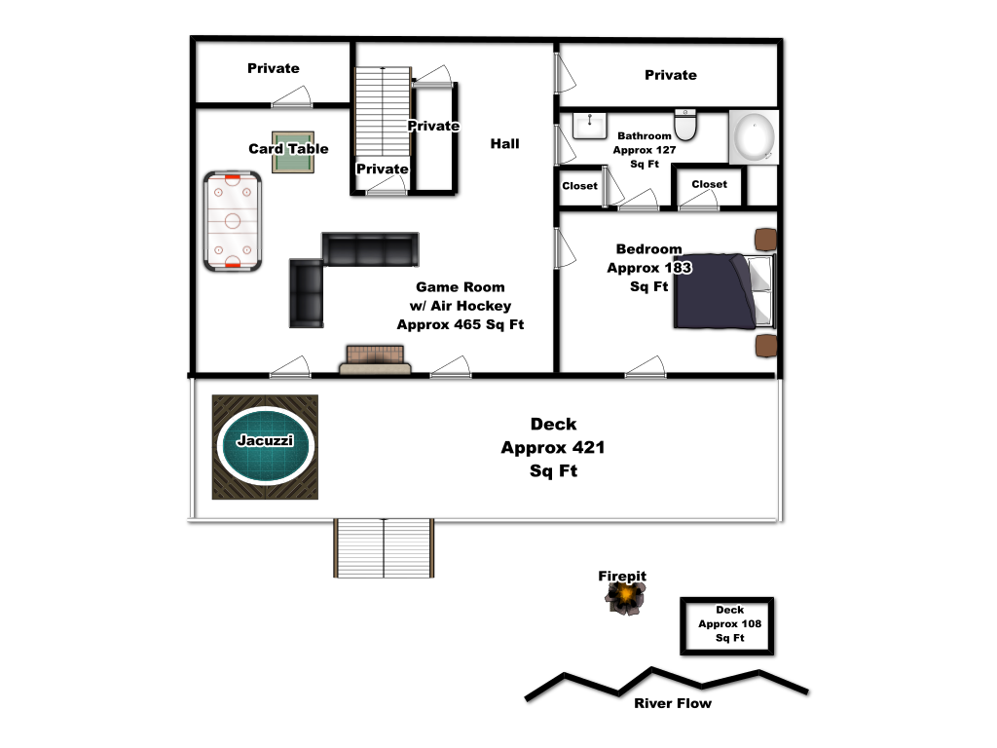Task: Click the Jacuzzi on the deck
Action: click(265, 446)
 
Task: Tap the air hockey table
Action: click(233, 221)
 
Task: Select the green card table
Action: click(293, 152)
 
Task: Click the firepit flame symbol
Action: click(626, 598)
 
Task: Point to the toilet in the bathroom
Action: click(685, 125)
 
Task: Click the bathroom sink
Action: click(589, 126)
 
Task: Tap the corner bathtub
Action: click(754, 137)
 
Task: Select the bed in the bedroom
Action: click(724, 291)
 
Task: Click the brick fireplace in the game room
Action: click(375, 360)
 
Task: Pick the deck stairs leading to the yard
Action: click(384, 548)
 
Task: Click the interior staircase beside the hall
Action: click(382, 111)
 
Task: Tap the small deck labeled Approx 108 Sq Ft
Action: click(727, 626)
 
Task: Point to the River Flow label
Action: click(673, 703)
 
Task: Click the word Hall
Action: click(505, 144)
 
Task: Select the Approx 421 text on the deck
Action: click(553, 448)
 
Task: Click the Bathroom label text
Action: click(645, 135)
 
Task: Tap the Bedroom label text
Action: click(648, 248)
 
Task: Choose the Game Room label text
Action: click(461, 287)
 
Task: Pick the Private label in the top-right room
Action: click(671, 75)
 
